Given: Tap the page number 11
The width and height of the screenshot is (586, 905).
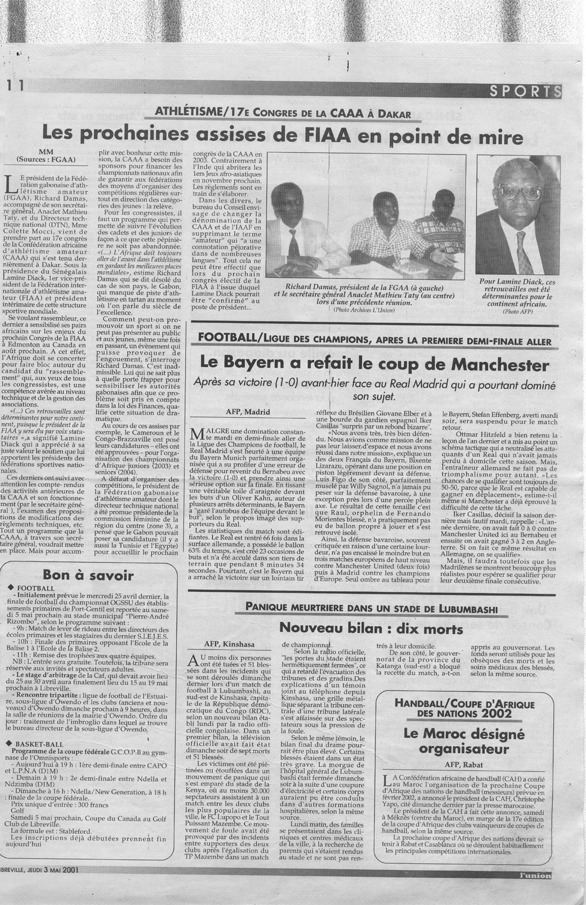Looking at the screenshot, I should (x=15, y=85).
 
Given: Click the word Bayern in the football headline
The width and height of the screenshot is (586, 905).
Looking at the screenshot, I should (x=266, y=361).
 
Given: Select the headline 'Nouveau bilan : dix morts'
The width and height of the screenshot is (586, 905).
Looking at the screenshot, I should (x=371, y=628).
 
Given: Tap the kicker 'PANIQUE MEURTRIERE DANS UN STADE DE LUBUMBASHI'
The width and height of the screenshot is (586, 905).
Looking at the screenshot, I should (x=371, y=608).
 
